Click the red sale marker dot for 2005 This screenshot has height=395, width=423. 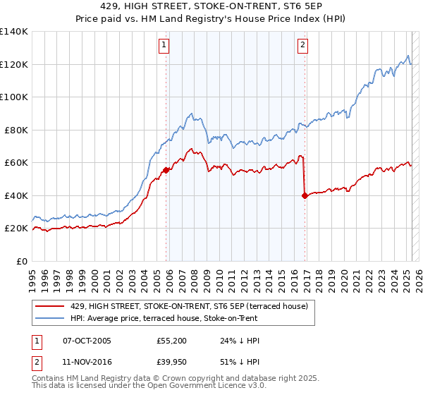(x=166, y=170)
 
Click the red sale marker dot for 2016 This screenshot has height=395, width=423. (x=305, y=195)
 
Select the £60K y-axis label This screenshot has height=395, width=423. (x=16, y=163)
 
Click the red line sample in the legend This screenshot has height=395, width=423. (x=51, y=306)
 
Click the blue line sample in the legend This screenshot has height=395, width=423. (x=51, y=318)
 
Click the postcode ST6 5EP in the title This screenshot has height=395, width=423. (x=276, y=7)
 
